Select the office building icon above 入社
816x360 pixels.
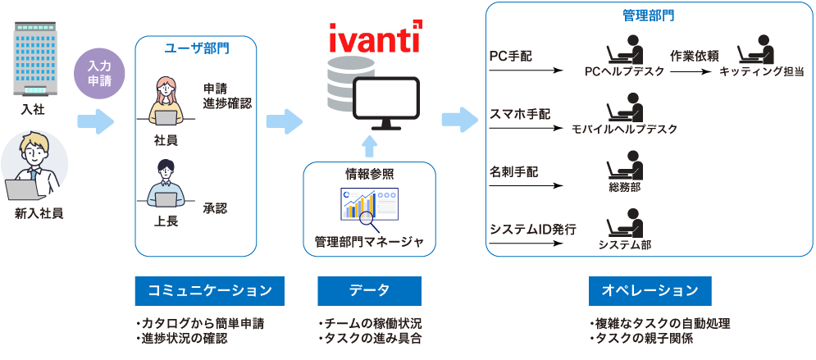32,61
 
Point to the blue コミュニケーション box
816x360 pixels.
209,291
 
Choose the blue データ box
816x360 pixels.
369,291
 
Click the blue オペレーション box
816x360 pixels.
650,291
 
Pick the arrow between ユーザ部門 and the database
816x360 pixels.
284,121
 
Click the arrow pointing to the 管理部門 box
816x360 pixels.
459,119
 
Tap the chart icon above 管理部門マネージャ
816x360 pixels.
369,206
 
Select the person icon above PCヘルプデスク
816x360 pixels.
624,50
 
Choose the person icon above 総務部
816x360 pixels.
624,167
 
